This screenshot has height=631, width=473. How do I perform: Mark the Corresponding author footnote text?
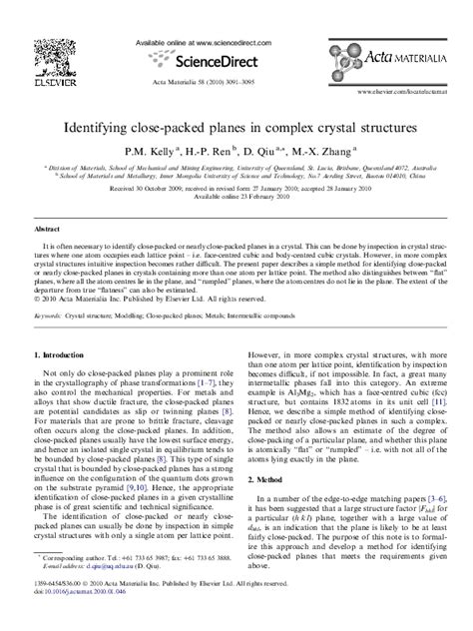pyautogui.click(x=75, y=581)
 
